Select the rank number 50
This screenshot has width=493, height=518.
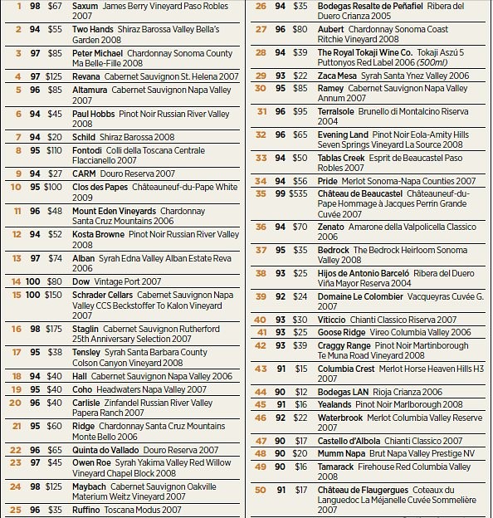pos(260,491)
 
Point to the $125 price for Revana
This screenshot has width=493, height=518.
pos(54,76)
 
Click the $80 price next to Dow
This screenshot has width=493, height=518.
pos(55,282)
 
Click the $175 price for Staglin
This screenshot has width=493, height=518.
pos(54,329)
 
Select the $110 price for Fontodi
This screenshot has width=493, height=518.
pos(54,150)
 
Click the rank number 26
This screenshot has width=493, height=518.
pos(260,6)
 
